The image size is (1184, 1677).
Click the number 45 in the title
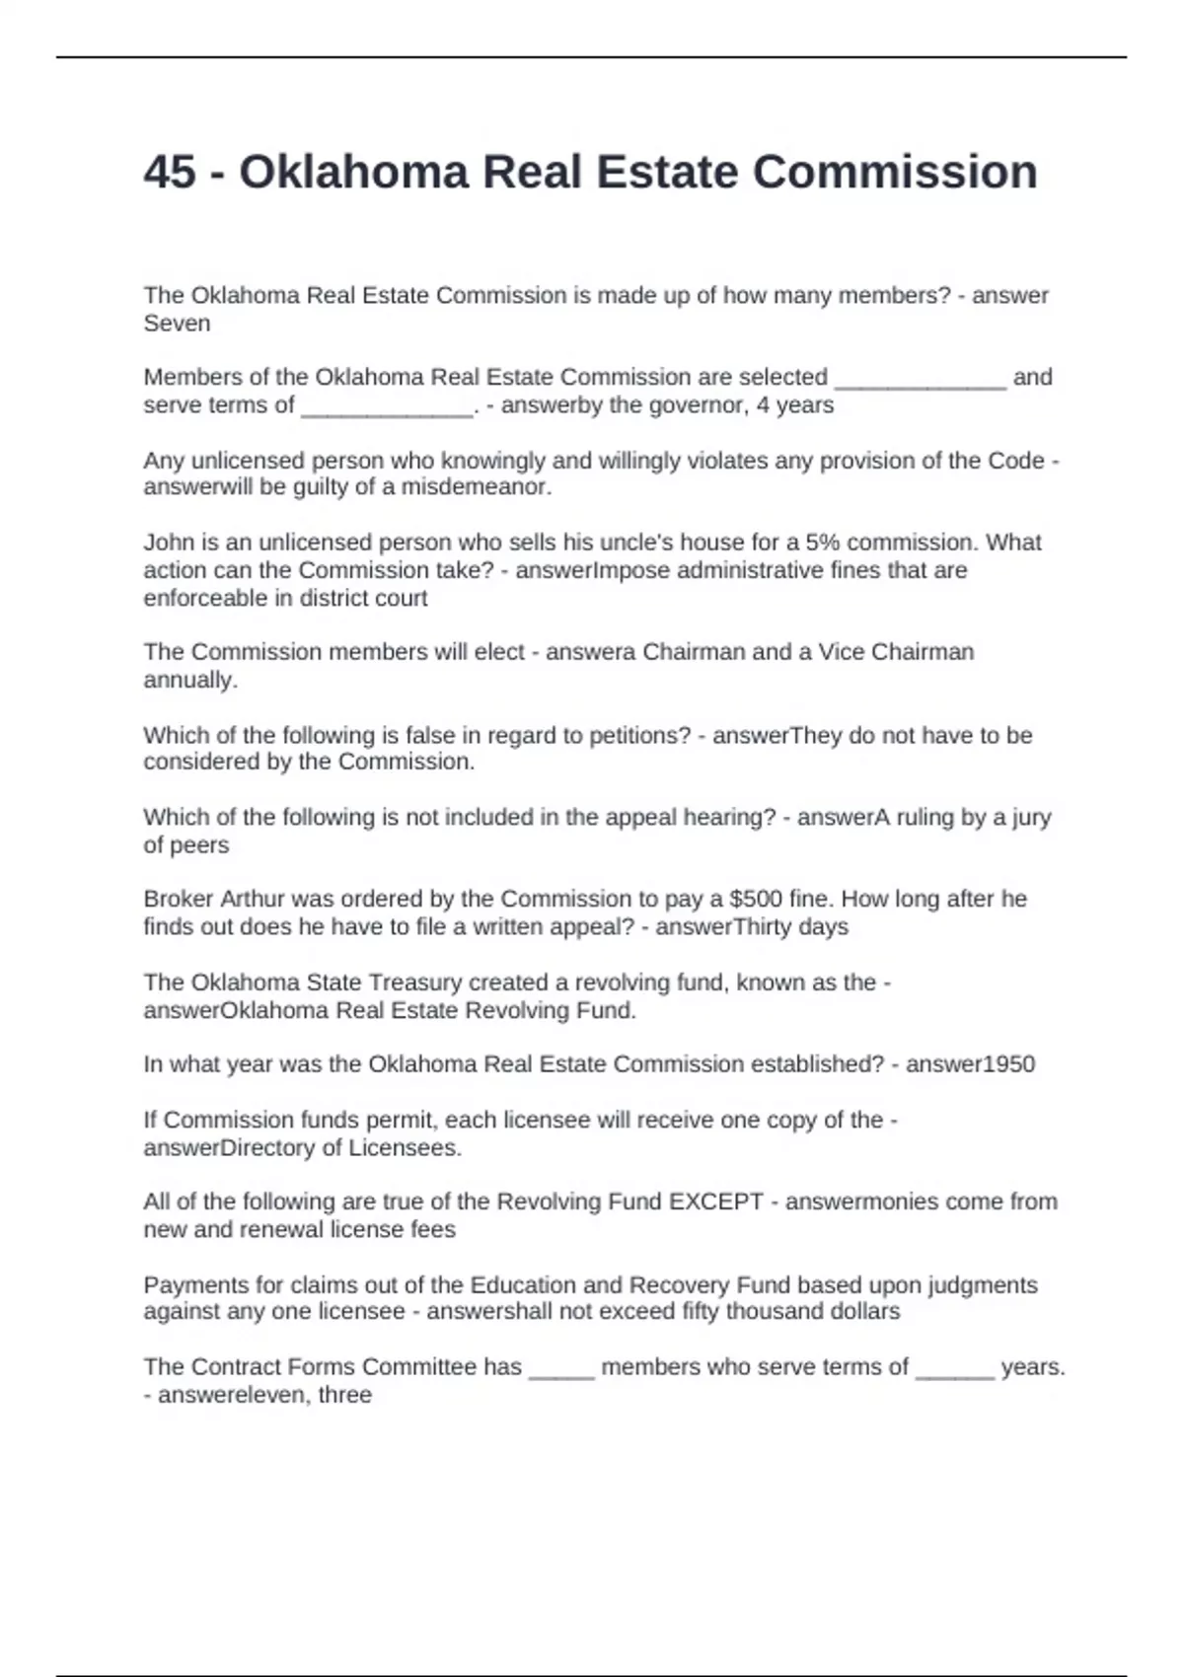point(169,173)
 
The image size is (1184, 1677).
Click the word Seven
point(177,324)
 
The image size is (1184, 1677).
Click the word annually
point(189,680)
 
